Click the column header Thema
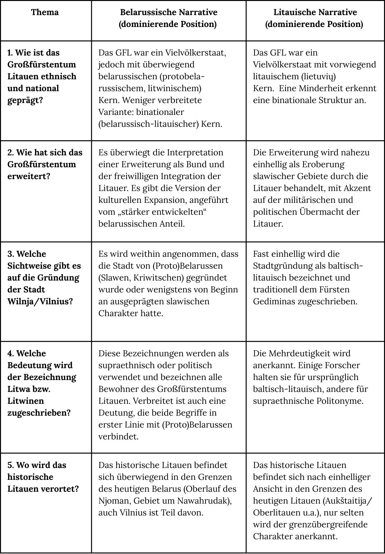tap(45, 13)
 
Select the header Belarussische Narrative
tap(168, 13)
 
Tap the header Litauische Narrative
tap(315, 13)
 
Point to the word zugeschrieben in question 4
tap(39, 413)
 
